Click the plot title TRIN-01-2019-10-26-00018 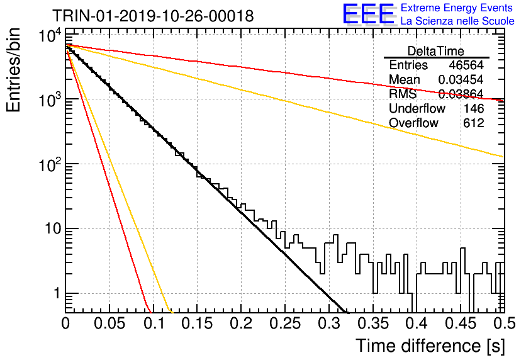[x=153, y=16]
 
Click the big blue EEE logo [x=368, y=14]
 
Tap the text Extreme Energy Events [x=457, y=8]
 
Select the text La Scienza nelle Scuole [x=457, y=21]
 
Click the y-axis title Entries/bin [x=14, y=70]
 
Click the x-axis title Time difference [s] [x=430, y=346]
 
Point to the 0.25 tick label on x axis [x=285, y=323]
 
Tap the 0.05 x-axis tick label [x=109, y=323]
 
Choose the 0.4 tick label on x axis [x=417, y=323]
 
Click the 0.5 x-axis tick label [x=504, y=323]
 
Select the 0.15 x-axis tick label [x=197, y=323]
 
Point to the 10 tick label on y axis [x=53, y=229]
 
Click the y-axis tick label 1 [x=57, y=293]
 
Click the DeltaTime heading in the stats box [x=436, y=51]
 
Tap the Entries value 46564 [x=466, y=65]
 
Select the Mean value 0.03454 [x=461, y=79]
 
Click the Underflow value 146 [x=474, y=108]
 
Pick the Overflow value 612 [x=474, y=123]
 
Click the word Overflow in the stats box [x=413, y=123]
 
